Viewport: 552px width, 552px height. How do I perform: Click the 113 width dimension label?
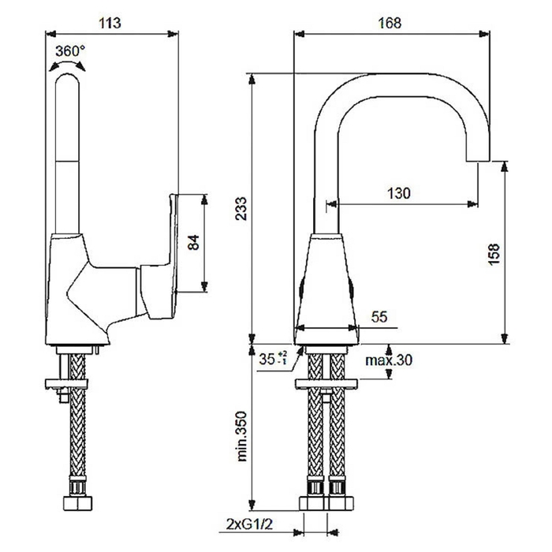110,23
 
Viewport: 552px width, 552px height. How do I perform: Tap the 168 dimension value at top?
390,23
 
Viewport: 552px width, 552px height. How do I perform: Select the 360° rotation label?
70,51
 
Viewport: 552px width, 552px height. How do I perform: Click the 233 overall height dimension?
241,209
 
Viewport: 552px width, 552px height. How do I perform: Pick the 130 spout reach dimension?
399,193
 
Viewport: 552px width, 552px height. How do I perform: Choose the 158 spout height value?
494,254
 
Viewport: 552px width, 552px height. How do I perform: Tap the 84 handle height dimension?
193,243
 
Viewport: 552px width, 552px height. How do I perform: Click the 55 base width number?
379,317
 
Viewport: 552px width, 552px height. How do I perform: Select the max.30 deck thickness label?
389,360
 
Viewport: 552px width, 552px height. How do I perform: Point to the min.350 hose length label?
242,436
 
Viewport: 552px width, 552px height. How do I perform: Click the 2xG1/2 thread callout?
249,524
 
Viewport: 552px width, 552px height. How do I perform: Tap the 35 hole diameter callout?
273,359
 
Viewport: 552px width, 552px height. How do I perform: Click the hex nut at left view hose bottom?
78,503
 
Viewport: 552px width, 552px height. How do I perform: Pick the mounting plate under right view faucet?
326,384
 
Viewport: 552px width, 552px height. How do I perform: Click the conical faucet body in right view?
326,289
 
